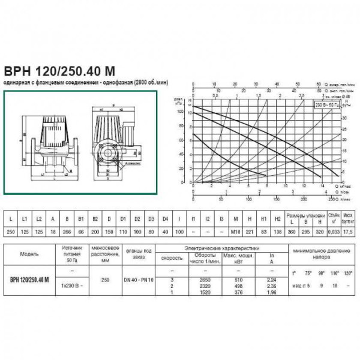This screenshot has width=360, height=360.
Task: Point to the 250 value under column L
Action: (11, 230)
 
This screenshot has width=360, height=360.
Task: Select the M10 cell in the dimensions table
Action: (235, 230)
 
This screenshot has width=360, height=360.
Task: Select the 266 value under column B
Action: (67, 230)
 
